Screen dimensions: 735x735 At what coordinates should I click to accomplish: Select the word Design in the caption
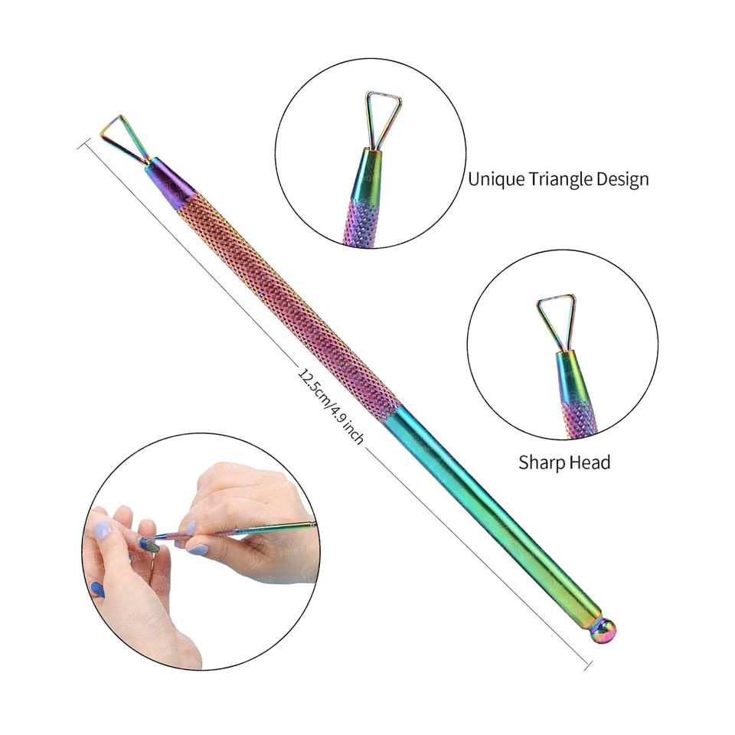(x=623, y=179)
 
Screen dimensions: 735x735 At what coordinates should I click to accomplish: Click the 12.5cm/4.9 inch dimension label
(x=331, y=405)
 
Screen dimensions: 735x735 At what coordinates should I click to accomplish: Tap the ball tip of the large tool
(x=603, y=631)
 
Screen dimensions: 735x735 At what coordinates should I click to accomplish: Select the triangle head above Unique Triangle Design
(x=382, y=117)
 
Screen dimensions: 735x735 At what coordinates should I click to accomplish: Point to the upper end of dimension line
(x=80, y=142)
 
